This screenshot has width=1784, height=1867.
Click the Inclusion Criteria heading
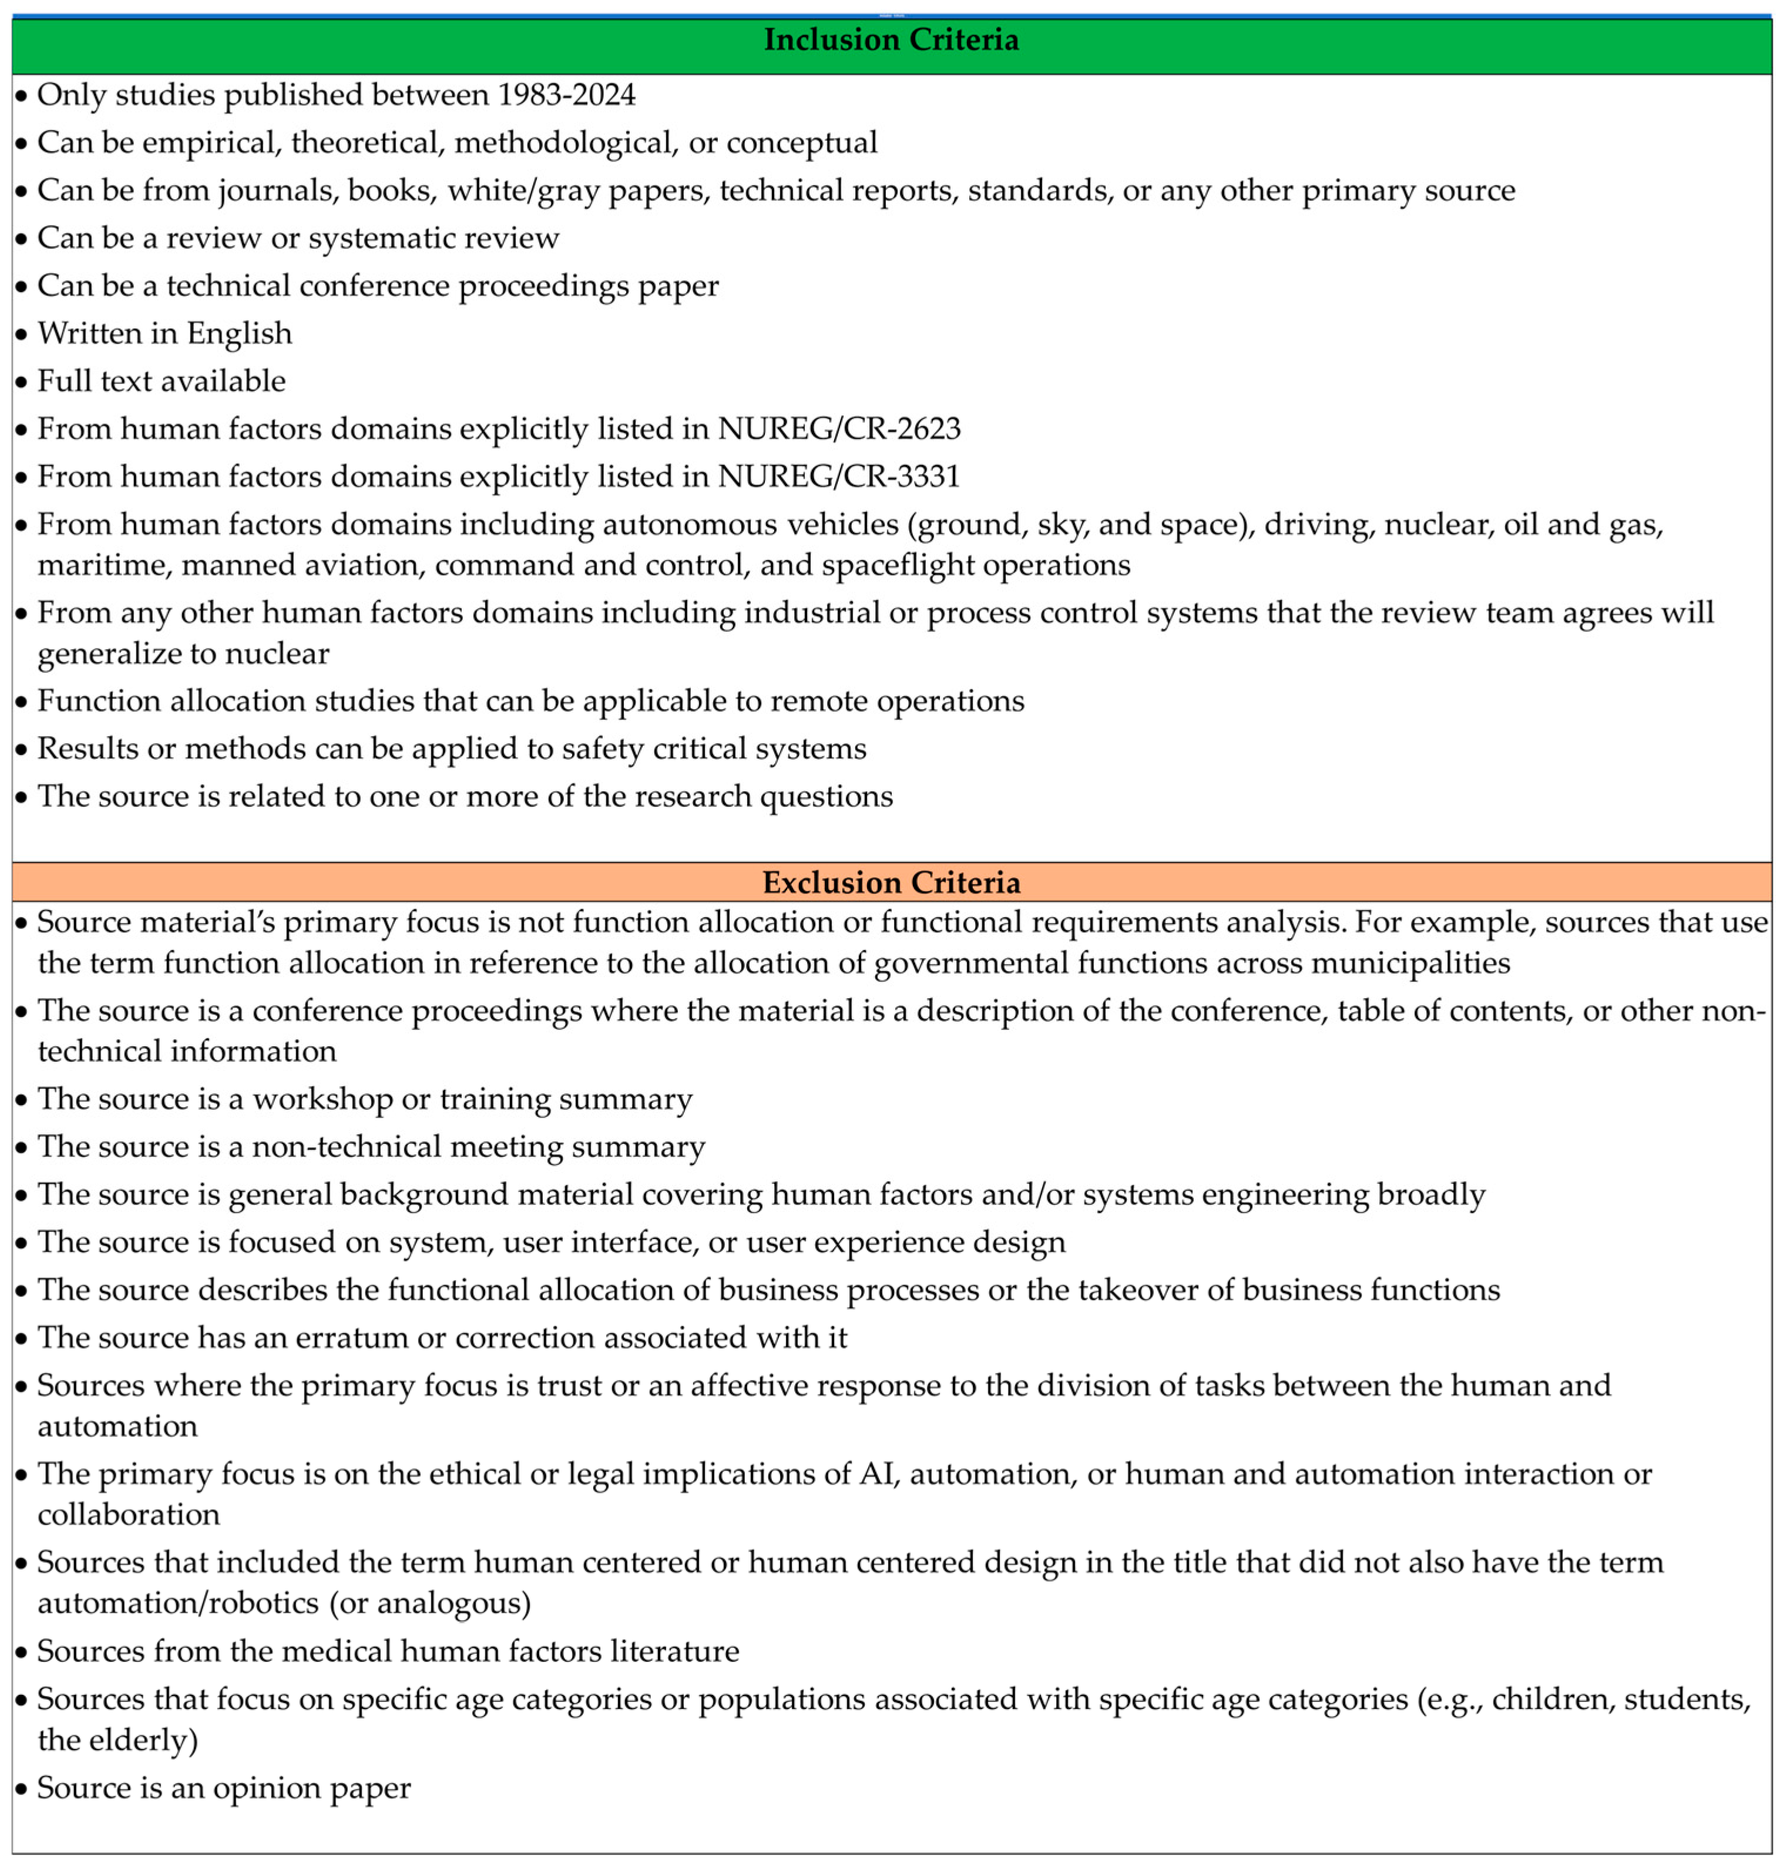[891, 40]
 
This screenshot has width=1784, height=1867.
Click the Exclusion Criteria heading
[891, 882]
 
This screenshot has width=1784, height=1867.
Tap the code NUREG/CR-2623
[839, 429]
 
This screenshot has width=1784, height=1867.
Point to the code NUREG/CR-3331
[839, 476]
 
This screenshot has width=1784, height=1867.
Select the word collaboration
[129, 1515]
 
